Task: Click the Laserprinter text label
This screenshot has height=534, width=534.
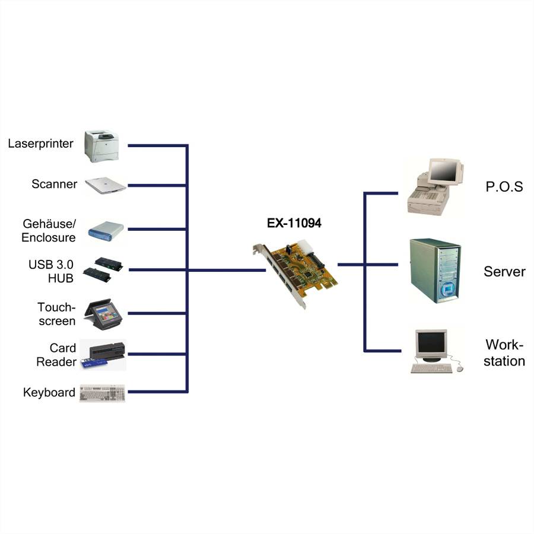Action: tap(41, 144)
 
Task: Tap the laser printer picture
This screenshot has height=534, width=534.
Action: tap(102, 146)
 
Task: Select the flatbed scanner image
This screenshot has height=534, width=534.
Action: tap(105, 185)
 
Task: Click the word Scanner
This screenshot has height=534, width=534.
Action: tap(54, 184)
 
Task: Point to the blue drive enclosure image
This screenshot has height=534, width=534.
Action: tap(106, 230)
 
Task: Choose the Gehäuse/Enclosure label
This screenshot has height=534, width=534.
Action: tap(49, 231)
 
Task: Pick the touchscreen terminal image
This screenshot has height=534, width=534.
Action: tap(103, 314)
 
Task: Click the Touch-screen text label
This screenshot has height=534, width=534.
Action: tap(56, 314)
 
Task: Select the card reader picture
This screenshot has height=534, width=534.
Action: tap(103, 355)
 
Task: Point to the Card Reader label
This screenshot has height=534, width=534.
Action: tap(56, 355)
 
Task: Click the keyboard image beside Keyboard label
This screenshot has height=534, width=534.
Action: tap(103, 393)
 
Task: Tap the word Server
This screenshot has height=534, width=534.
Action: tap(504, 272)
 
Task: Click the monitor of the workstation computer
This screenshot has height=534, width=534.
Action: tap(431, 344)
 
